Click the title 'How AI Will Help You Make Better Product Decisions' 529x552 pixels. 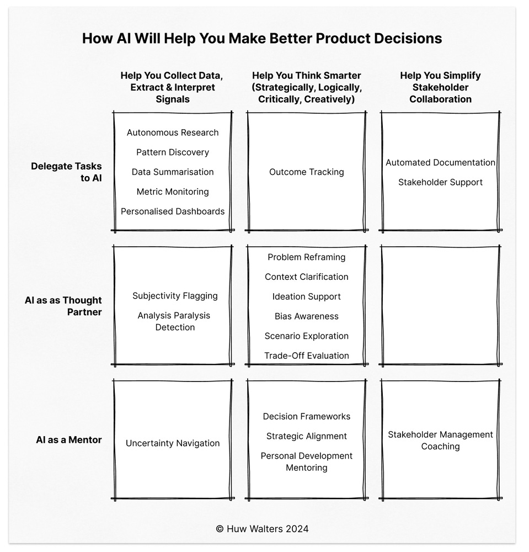pyautogui.click(x=262, y=38)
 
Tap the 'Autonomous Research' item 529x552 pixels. pyautogui.click(x=173, y=132)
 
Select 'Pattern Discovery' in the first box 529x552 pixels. pyautogui.click(x=173, y=152)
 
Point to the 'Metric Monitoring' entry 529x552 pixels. pyautogui.click(x=173, y=192)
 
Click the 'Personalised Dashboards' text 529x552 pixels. pyautogui.click(x=173, y=211)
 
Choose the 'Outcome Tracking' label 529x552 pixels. pyautogui.click(x=306, y=172)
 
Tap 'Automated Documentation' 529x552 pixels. pyautogui.click(x=440, y=162)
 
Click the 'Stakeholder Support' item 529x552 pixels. pyautogui.click(x=440, y=182)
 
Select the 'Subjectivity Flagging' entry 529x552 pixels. pyautogui.click(x=175, y=296)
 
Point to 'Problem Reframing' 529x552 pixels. pyautogui.click(x=306, y=257)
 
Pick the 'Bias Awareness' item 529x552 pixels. pyautogui.click(x=306, y=316)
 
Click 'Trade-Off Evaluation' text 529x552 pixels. pyautogui.click(x=306, y=355)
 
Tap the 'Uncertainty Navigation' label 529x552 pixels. pyautogui.click(x=173, y=443)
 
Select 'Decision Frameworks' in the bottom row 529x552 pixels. pyautogui.click(x=306, y=416)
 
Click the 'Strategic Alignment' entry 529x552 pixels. pyautogui.click(x=306, y=436)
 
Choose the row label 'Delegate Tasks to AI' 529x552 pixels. pyautogui.click(x=67, y=172)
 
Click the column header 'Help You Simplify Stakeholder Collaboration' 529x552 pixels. pyautogui.click(x=440, y=87)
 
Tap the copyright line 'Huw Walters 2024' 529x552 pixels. pyautogui.click(x=262, y=528)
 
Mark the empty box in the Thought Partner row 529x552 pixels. pyautogui.click(x=440, y=305)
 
